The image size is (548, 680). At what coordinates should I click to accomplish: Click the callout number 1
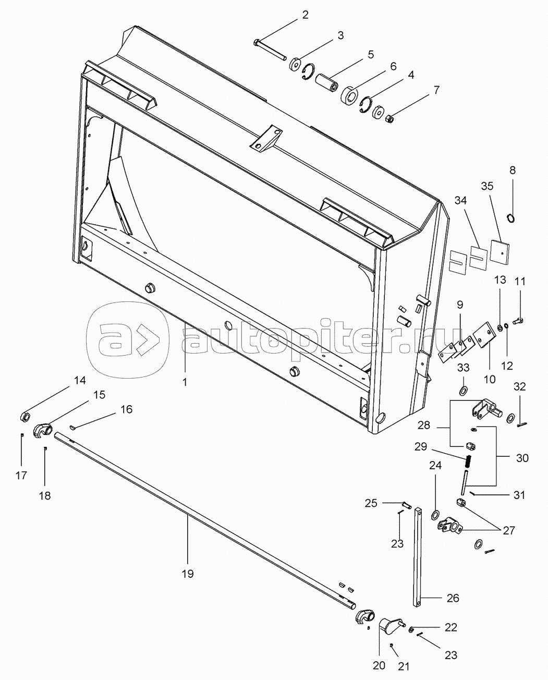tap(184, 382)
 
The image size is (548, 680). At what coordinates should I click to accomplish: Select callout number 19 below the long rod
tap(188, 574)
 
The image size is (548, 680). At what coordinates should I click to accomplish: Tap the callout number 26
tap(453, 598)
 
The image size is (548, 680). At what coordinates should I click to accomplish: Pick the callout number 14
tap(79, 380)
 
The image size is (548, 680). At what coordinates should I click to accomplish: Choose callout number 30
tap(521, 458)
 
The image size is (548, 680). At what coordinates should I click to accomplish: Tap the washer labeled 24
tap(435, 515)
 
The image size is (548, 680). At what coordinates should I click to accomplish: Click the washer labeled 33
tap(463, 391)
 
